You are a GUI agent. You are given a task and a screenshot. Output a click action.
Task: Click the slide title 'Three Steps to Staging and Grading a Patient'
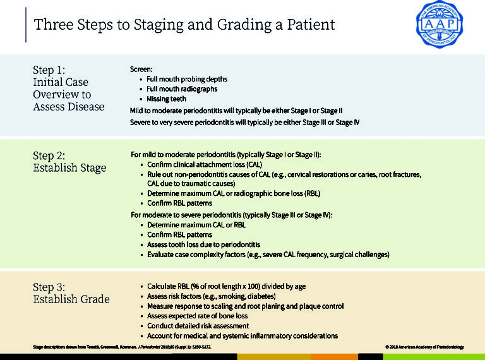pos(184,25)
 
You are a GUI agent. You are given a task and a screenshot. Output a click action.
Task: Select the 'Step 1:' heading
pos(49,69)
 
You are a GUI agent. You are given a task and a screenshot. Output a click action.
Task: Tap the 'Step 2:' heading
pos(49,155)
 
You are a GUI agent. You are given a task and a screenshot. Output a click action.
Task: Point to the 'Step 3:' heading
pos(49,287)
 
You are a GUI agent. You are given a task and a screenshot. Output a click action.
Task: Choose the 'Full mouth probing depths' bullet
pos(187,79)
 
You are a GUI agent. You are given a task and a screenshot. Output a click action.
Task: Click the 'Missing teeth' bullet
pos(168,99)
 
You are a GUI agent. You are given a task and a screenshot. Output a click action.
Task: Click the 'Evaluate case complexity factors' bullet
pos(268,255)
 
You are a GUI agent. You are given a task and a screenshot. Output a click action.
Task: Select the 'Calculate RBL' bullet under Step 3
pos(226,286)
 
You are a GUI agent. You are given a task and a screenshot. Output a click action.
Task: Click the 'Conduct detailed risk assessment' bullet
pos(200,325)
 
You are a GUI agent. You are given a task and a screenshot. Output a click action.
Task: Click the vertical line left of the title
pos(26,25)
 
